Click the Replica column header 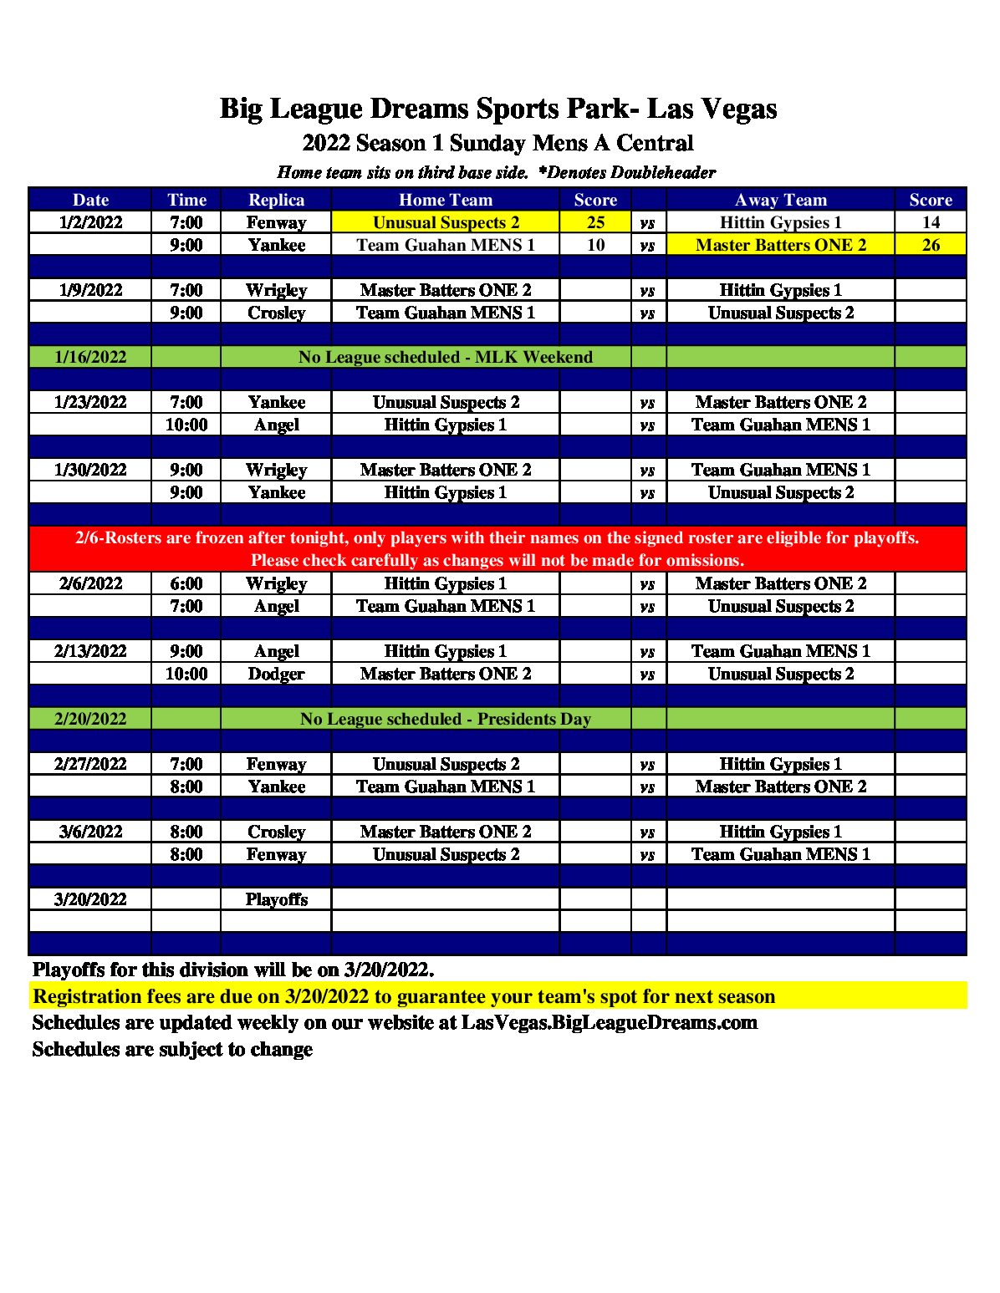click(x=276, y=200)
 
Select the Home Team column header click(x=446, y=200)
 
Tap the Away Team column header click(x=780, y=200)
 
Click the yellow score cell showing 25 click(x=595, y=222)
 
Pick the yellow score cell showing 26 click(x=931, y=245)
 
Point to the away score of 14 click(x=931, y=222)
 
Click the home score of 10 click(x=595, y=245)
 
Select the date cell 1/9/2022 click(x=90, y=290)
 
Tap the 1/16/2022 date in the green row click(x=90, y=357)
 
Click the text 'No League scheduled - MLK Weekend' click(x=446, y=357)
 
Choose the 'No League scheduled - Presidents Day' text click(x=446, y=719)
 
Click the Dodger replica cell click(x=276, y=674)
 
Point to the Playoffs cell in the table click(x=276, y=899)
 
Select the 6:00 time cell click(x=186, y=583)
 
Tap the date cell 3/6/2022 click(x=90, y=832)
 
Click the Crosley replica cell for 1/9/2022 click(x=276, y=313)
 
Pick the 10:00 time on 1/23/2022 click(x=186, y=425)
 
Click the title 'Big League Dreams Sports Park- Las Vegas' click(x=498, y=109)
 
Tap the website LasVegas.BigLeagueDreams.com click(x=609, y=1022)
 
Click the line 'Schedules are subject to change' click(x=172, y=1049)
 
